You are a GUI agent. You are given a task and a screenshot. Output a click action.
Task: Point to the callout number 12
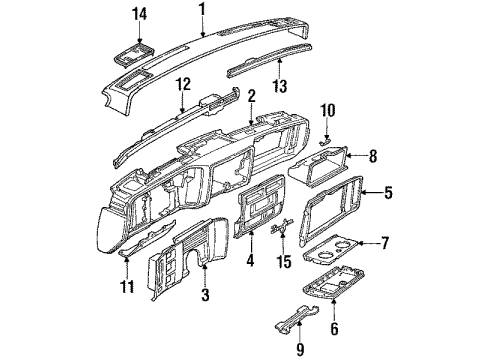(x=181, y=87)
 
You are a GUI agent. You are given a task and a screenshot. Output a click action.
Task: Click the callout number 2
(x=252, y=96)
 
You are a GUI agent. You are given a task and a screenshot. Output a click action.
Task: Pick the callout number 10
(x=327, y=111)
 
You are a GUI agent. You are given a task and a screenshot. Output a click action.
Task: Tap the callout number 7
(x=384, y=243)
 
